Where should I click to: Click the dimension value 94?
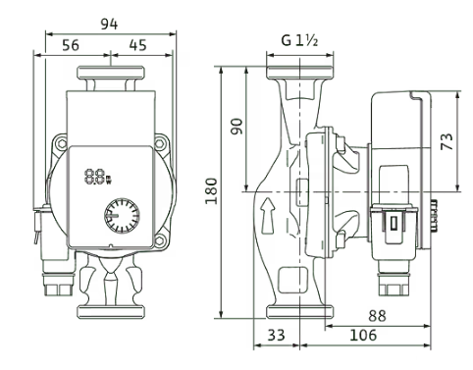pos(109,25)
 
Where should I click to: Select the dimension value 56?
pos(71,45)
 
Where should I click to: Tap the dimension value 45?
pos(137,45)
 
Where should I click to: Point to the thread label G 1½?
pos(299,40)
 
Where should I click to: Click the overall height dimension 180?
pos(211,191)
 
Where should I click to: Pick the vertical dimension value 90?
pos(236,127)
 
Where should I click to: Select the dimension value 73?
pos(447,141)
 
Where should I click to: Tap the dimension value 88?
pos(377,316)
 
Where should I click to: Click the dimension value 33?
pos(277,335)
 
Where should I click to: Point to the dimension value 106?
pos(363,335)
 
